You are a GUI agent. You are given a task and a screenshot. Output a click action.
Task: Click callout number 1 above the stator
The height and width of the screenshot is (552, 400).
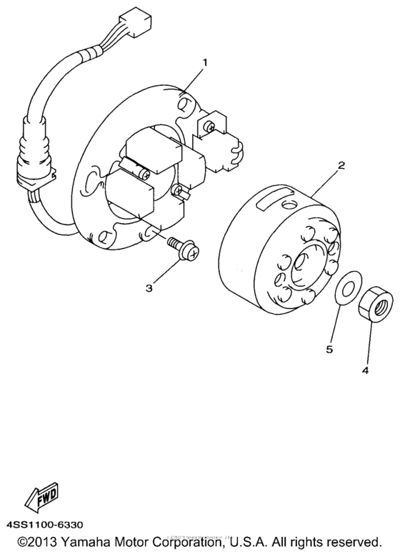[x=206, y=63]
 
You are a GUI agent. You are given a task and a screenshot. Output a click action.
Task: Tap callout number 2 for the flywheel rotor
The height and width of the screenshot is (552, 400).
[x=342, y=165]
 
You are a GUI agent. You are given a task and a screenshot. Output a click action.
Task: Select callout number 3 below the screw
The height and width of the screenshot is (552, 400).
[x=149, y=288]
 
